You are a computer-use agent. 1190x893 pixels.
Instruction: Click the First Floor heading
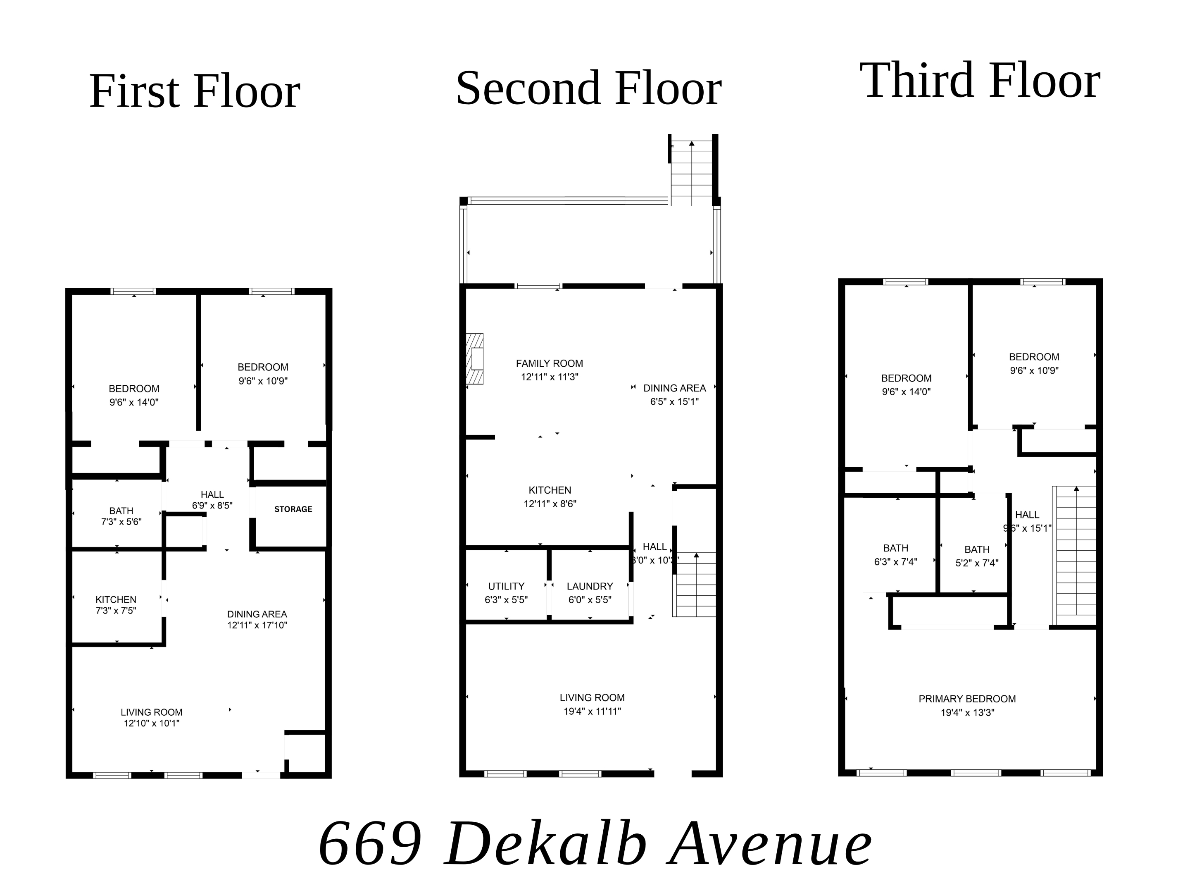pos(194,91)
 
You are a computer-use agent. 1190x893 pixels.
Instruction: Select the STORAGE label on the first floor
pos(293,509)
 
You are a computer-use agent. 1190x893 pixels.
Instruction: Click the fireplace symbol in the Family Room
pos(475,359)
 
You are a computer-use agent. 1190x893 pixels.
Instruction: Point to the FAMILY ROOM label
pos(549,364)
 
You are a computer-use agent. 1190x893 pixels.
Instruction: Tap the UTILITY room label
pos(506,586)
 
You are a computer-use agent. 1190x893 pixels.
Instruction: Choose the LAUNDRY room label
pos(590,586)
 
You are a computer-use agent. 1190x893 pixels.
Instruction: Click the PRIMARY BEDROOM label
pos(967,699)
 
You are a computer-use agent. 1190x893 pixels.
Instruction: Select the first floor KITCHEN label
pos(116,599)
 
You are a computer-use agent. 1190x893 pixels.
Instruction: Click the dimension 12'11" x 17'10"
pos(257,625)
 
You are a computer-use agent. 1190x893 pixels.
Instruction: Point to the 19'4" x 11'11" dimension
pos(592,711)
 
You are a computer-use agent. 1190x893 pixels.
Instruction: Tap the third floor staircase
pos(1074,554)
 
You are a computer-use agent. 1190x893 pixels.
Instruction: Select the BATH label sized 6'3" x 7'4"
pos(895,548)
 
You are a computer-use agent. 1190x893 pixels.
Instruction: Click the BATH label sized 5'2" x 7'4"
pos(976,549)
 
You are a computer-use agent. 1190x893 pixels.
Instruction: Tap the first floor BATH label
pos(121,511)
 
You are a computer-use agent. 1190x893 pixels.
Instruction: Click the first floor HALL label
pos(212,494)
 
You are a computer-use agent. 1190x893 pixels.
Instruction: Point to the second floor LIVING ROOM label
pos(592,697)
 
